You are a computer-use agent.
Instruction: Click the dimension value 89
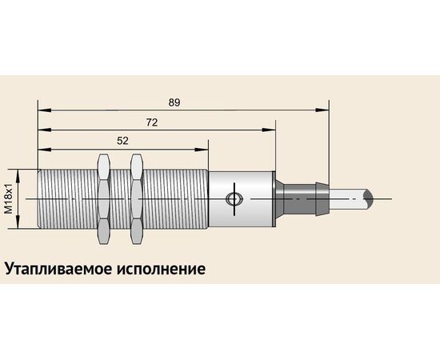[174, 102]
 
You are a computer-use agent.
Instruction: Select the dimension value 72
[152, 122]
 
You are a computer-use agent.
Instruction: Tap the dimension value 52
[122, 141]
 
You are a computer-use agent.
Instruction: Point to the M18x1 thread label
[9, 198]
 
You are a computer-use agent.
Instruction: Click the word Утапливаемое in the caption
[58, 269]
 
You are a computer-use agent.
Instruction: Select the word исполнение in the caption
[161, 269]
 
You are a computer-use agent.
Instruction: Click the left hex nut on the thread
[103, 198]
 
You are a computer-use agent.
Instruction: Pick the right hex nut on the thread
[137, 198]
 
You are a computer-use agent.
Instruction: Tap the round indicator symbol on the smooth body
[234, 199]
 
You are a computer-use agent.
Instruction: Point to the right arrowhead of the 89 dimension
[322, 110]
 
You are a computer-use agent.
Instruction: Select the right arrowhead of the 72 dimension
[269, 130]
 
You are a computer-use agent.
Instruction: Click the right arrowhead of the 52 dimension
[202, 150]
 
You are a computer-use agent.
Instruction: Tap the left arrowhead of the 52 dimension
[45, 150]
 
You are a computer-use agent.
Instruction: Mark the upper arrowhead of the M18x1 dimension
[18, 176]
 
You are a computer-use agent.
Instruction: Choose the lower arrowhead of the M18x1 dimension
[18, 222]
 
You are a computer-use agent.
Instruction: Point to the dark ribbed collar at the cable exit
[322, 198]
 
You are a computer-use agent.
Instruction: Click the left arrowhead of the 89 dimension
[45, 110]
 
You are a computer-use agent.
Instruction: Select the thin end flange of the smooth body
[274, 198]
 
